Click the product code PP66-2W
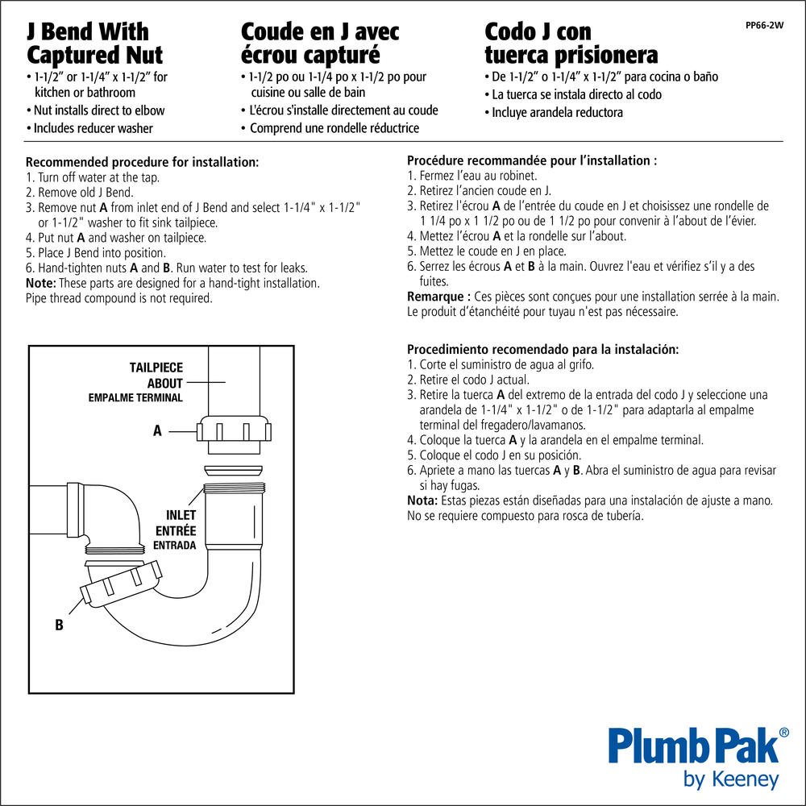pos(764,25)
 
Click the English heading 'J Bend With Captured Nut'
pos(94,44)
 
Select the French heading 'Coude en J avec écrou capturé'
pos(320,44)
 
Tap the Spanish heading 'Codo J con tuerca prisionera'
pos(571,44)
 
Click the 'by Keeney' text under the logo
pos(731,779)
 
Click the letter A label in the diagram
pos(157,430)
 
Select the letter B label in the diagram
pos(59,625)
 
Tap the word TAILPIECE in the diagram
pos(156,368)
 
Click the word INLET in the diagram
pos(181,515)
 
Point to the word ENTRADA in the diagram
pos(174,546)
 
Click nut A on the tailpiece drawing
pos(234,429)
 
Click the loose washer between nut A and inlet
pos(234,471)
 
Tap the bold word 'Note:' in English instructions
pos(40,283)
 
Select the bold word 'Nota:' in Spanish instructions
pos(422,501)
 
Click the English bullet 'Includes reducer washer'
pos(89,128)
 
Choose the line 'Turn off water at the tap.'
pos(93,177)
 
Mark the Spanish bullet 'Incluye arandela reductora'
pos(554,113)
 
